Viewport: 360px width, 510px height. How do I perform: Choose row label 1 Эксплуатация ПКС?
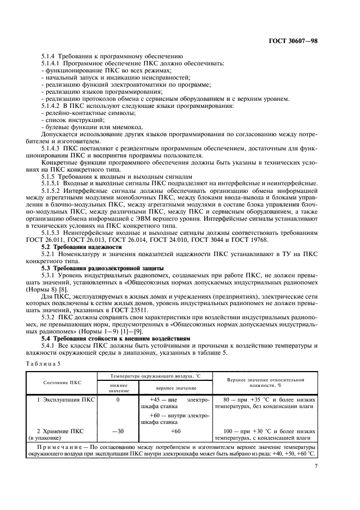pyautogui.click(x=65, y=400)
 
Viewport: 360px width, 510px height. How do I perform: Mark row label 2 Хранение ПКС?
pyautogui.click(x=62, y=431)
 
